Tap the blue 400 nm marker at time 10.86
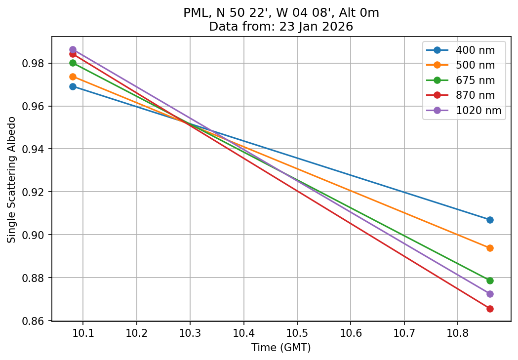[x=490, y=220]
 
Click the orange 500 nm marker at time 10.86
[x=490, y=248]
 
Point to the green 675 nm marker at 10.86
[x=490, y=280]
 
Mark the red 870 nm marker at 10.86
[x=490, y=309]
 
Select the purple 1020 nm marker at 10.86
[x=490, y=294]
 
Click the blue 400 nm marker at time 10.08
[x=73, y=86]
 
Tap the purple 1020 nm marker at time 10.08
[x=73, y=49]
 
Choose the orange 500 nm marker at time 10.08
[x=73, y=77]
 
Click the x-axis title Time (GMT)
[x=281, y=348]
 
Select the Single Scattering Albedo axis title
[x=11, y=180]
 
